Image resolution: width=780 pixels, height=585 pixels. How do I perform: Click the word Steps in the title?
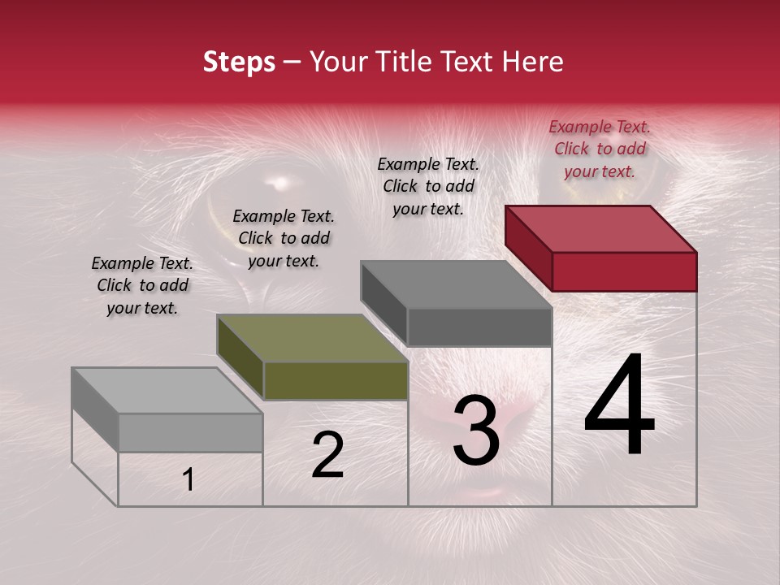pos(239,62)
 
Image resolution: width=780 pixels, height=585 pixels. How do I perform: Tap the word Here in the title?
pos(531,62)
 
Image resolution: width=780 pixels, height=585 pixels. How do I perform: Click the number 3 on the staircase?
pos(476,430)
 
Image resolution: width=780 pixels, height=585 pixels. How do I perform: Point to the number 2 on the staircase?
pos(327,455)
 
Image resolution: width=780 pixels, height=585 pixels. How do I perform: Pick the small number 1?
pos(188,479)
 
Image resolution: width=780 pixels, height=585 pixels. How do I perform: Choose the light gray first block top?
pos(167,391)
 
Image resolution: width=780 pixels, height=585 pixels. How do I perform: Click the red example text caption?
pos(600,149)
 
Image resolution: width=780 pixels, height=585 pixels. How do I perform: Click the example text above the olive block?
pos(284,238)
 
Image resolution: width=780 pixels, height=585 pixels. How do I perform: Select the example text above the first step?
pos(142,285)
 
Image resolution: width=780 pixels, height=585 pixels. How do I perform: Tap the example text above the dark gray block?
pos(428,186)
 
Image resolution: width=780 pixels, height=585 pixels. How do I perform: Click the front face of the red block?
pos(624,271)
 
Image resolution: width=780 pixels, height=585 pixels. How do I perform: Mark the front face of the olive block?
pos(336,380)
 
